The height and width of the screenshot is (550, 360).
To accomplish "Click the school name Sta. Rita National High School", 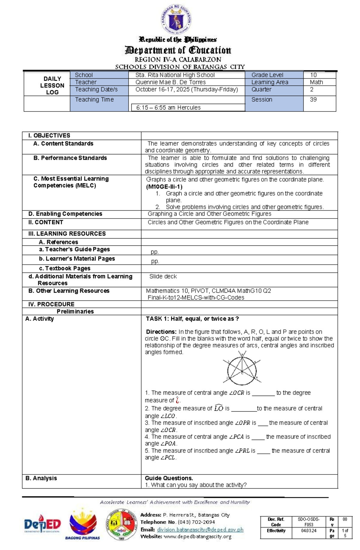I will [175, 75].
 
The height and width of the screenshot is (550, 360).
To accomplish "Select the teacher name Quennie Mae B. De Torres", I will [170, 82].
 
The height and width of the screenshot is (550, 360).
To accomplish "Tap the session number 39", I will [313, 100].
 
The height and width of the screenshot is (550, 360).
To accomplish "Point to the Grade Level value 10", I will [313, 75].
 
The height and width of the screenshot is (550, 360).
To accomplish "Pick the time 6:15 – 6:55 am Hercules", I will [168, 108].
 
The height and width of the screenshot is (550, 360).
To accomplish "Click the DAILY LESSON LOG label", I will [52, 85].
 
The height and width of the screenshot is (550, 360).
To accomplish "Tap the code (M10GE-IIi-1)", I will [164, 186].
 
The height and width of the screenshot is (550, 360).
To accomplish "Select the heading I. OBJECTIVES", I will [49, 135].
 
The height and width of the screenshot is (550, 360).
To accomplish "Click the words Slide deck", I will [163, 276].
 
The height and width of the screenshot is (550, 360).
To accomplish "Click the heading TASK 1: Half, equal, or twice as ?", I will [192, 319].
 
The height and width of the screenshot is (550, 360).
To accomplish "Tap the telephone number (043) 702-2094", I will [196, 522].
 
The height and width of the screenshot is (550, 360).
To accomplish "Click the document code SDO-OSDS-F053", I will [309, 522].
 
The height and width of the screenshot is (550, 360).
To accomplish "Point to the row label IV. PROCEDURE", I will [51, 304].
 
